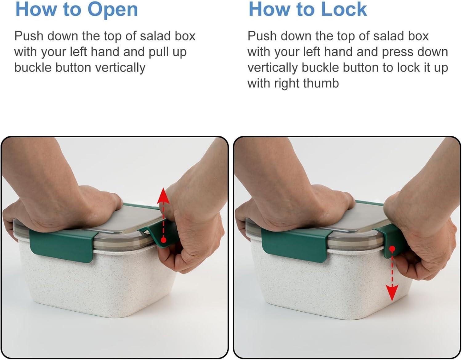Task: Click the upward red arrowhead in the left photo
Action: point(163,196)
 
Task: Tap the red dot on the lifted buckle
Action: point(163,240)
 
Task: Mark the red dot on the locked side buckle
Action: point(392,249)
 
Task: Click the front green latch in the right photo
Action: point(295,245)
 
